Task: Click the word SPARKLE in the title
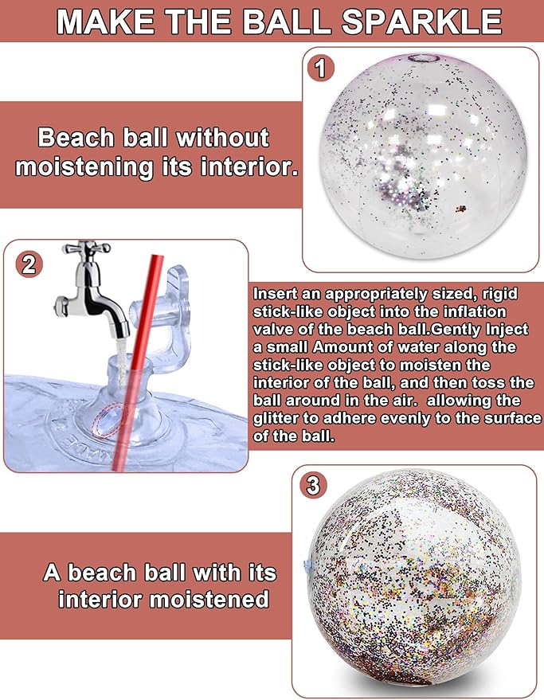(x=421, y=22)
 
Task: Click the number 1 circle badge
(x=321, y=68)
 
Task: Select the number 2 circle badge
(x=29, y=264)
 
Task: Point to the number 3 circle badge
(x=313, y=485)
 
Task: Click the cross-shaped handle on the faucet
(x=86, y=248)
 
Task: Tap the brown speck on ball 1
(x=461, y=209)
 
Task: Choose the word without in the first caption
(x=223, y=138)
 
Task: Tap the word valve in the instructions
(x=273, y=330)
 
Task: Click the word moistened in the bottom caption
(x=209, y=600)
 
